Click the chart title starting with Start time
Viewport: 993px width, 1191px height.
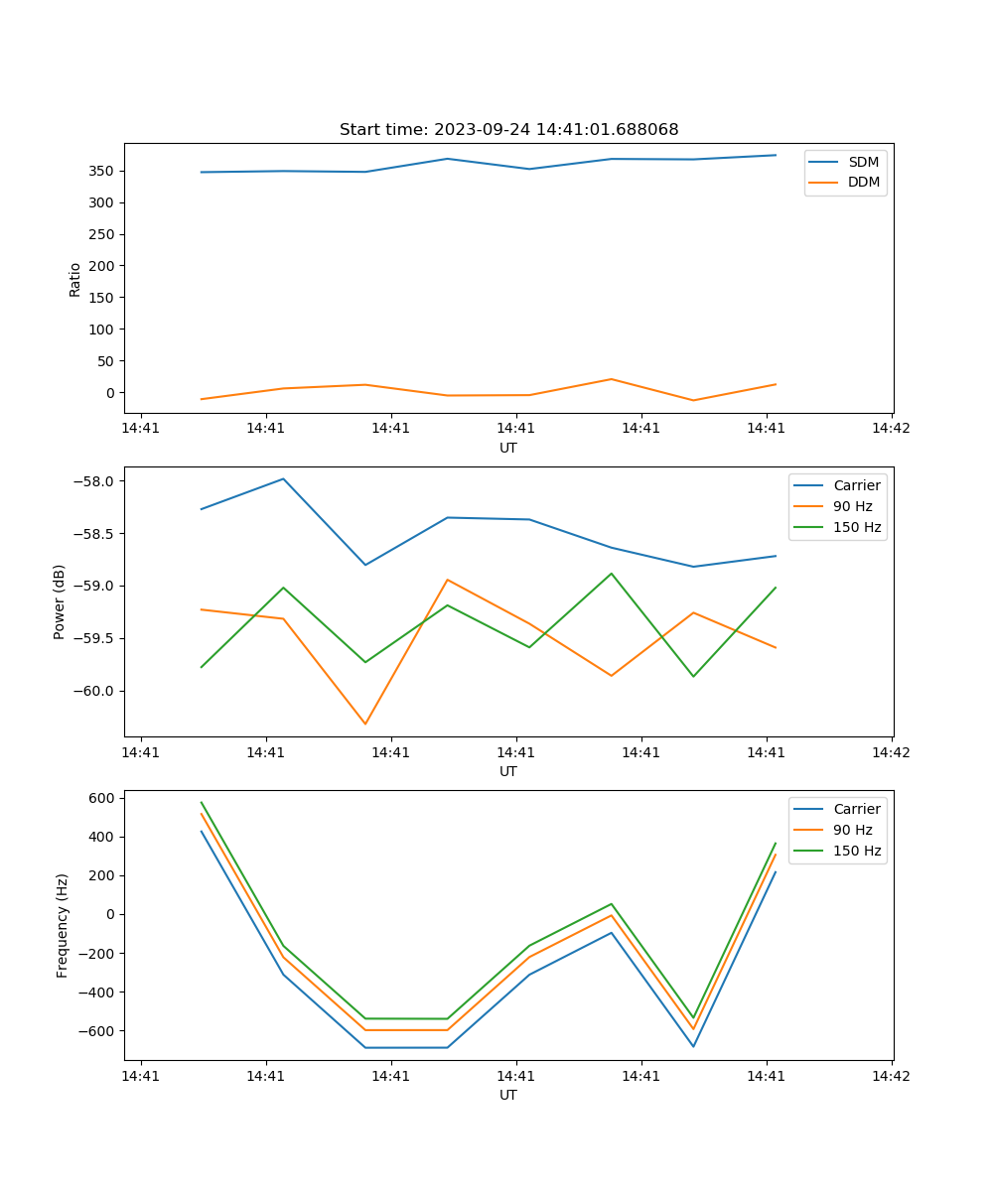click(x=508, y=130)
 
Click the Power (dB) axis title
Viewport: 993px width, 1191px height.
click(x=60, y=601)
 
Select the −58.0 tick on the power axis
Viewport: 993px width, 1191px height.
click(x=96, y=481)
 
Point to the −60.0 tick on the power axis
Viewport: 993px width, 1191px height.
click(x=96, y=691)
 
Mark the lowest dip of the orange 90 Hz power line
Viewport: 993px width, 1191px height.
click(x=365, y=724)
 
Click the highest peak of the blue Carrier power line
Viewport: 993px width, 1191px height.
click(x=283, y=478)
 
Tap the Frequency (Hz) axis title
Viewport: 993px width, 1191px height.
click(x=63, y=925)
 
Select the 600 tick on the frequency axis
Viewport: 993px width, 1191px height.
click(x=102, y=798)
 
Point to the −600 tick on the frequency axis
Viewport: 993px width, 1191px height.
click(x=96, y=1031)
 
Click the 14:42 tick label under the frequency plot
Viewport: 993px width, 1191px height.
click(x=891, y=1074)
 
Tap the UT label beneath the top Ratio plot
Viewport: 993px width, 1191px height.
click(x=508, y=448)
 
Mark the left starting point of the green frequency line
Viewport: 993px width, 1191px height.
click(x=202, y=802)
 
